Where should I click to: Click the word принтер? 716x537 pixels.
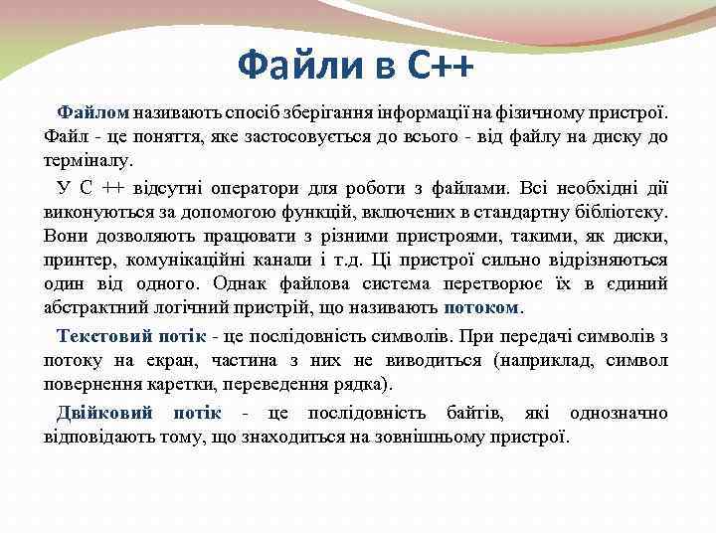point(79,260)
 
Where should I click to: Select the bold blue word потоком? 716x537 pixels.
point(480,307)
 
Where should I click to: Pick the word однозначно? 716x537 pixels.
point(618,412)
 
